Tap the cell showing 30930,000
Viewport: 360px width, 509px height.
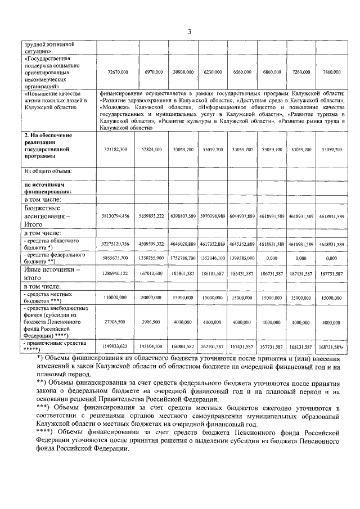coord(183,72)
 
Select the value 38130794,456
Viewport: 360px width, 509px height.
coord(115,216)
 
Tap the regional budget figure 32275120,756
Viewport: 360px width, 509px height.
coord(115,244)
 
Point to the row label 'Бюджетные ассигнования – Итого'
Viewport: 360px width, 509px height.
coord(49,216)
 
